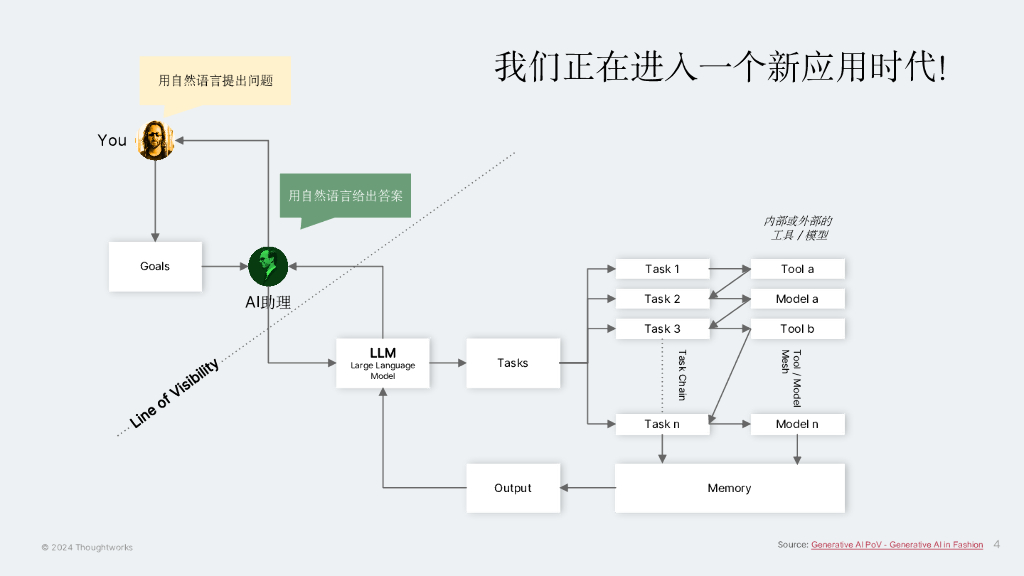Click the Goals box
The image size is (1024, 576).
pos(155,266)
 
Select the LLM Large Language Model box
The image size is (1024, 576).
pos(383,363)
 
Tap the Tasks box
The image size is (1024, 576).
pos(513,363)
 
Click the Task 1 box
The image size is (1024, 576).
pos(662,269)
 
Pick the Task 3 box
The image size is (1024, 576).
pos(662,329)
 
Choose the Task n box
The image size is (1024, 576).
pos(662,424)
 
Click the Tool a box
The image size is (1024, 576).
pos(797,269)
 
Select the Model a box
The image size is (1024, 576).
pos(797,299)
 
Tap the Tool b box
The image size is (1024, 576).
pos(797,329)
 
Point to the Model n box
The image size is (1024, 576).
pos(797,424)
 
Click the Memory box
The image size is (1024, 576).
pos(729,488)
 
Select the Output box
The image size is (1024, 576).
pos(513,488)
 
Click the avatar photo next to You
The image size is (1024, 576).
pos(156,140)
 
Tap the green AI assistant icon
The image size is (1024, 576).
pos(268,266)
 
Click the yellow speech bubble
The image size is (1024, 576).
pos(215,80)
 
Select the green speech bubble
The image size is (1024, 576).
pos(345,196)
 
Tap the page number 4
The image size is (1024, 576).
pos(996,545)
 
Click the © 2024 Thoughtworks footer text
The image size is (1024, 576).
pos(87,548)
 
